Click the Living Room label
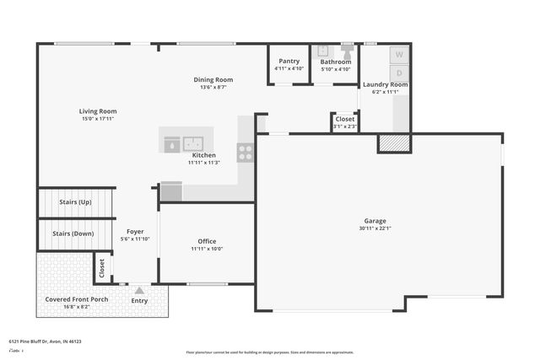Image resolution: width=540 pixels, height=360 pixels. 98,111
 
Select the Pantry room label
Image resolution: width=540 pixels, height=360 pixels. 289,61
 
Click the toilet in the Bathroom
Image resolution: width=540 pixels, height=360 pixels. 347,51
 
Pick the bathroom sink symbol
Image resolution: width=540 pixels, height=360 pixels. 323,51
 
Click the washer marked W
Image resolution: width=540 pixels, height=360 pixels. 399,55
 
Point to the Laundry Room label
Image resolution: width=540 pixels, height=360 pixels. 385,84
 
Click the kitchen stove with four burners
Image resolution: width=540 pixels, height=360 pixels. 245,153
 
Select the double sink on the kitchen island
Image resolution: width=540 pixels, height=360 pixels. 195,144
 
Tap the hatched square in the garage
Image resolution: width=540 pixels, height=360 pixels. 394,143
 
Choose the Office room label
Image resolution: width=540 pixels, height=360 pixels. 206,241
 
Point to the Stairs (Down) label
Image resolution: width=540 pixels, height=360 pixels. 73,234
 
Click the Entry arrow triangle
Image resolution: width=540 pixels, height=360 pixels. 139,290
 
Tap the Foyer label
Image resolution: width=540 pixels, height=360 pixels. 135,231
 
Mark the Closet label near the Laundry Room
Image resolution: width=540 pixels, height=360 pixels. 345,120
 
